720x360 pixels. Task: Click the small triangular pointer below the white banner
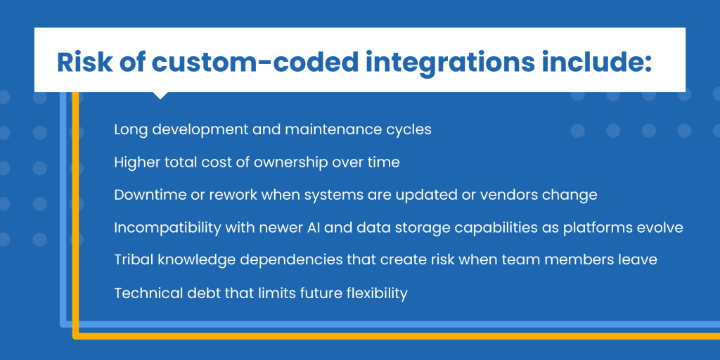(x=160, y=96)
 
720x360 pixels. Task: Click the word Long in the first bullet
(x=131, y=129)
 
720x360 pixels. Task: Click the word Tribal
(x=133, y=260)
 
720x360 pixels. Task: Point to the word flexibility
(x=376, y=293)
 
